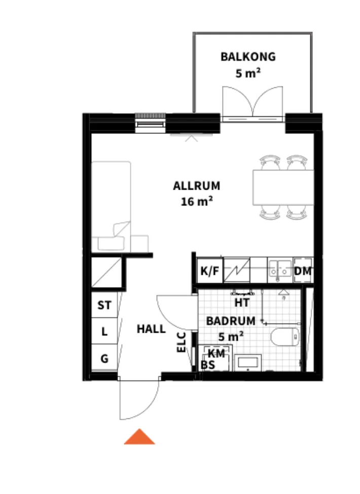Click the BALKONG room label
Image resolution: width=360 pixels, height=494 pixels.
[x=248, y=56]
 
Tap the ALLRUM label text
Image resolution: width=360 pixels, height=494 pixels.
[x=197, y=186]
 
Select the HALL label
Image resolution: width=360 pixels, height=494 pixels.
[x=151, y=329]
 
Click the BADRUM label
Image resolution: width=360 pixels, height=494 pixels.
[x=230, y=321]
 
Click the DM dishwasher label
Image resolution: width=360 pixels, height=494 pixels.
[x=303, y=271]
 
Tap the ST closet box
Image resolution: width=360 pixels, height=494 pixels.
[x=104, y=305]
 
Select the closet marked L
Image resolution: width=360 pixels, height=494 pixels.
[x=104, y=332]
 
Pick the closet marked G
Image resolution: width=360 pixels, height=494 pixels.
[x=104, y=359]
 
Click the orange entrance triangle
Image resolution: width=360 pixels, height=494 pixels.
[x=139, y=437]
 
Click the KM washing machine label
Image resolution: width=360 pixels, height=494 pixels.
[x=217, y=354]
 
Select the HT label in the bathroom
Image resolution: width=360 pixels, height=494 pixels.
[x=242, y=302]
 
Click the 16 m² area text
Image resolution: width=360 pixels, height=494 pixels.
[x=197, y=201]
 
